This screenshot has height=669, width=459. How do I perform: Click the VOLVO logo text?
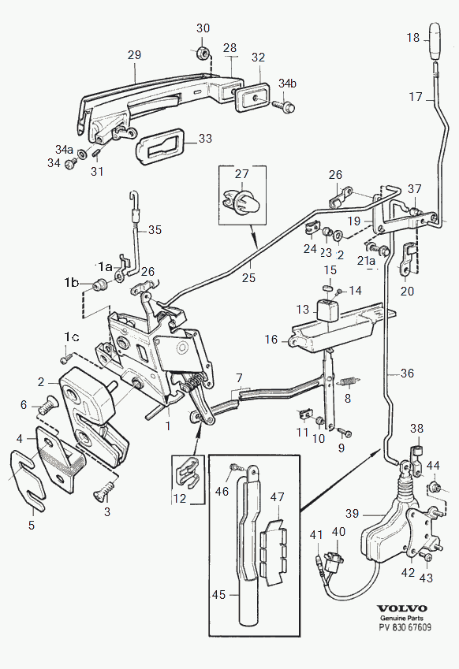click(x=401, y=608)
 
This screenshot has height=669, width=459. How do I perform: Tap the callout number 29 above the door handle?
click(x=134, y=55)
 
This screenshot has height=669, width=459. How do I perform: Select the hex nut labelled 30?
click(x=202, y=53)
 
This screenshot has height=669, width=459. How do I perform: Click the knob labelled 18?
click(x=435, y=41)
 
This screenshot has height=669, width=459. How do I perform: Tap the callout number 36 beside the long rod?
click(x=407, y=374)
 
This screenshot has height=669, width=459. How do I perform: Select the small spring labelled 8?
click(x=349, y=381)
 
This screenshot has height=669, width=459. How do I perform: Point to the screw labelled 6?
click(x=45, y=405)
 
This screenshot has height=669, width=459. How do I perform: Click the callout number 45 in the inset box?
click(x=218, y=595)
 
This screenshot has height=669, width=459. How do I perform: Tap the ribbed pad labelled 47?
click(x=272, y=551)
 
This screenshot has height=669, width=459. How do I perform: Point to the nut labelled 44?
click(x=435, y=486)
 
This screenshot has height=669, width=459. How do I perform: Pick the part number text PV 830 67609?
click(x=405, y=627)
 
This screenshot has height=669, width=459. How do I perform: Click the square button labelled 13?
click(x=327, y=310)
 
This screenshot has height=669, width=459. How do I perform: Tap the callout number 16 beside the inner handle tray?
click(x=271, y=340)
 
